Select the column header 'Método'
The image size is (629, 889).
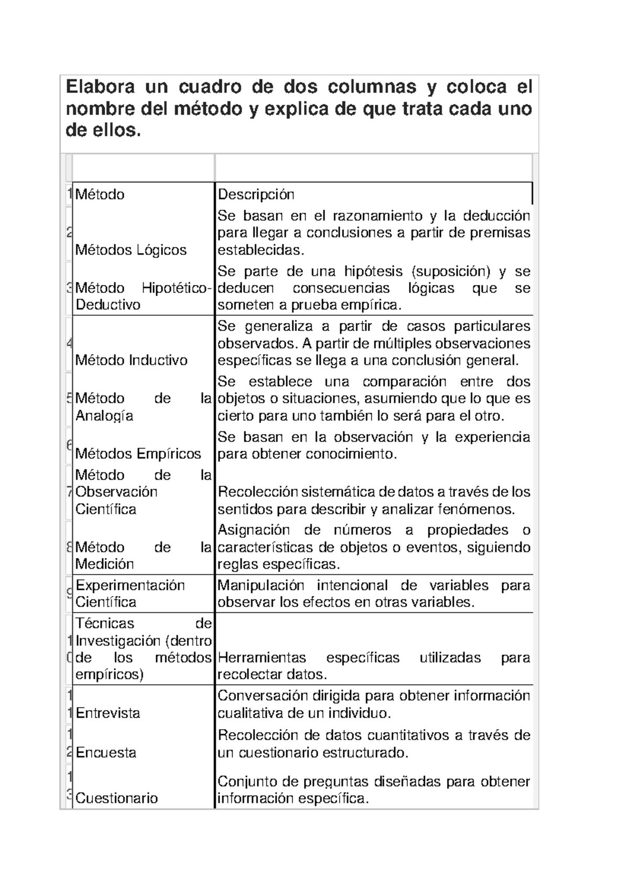100,194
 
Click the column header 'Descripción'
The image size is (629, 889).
256,194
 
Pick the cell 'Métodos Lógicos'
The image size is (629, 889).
131,250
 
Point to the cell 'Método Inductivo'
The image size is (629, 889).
132,360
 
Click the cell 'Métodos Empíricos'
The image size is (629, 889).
138,453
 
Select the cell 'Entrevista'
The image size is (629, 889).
108,713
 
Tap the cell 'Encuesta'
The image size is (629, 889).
106,753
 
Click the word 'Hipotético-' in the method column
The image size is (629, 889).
177,288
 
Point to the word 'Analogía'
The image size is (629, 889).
104,416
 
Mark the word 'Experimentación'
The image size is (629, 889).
131,585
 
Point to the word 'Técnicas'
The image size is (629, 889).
105,623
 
